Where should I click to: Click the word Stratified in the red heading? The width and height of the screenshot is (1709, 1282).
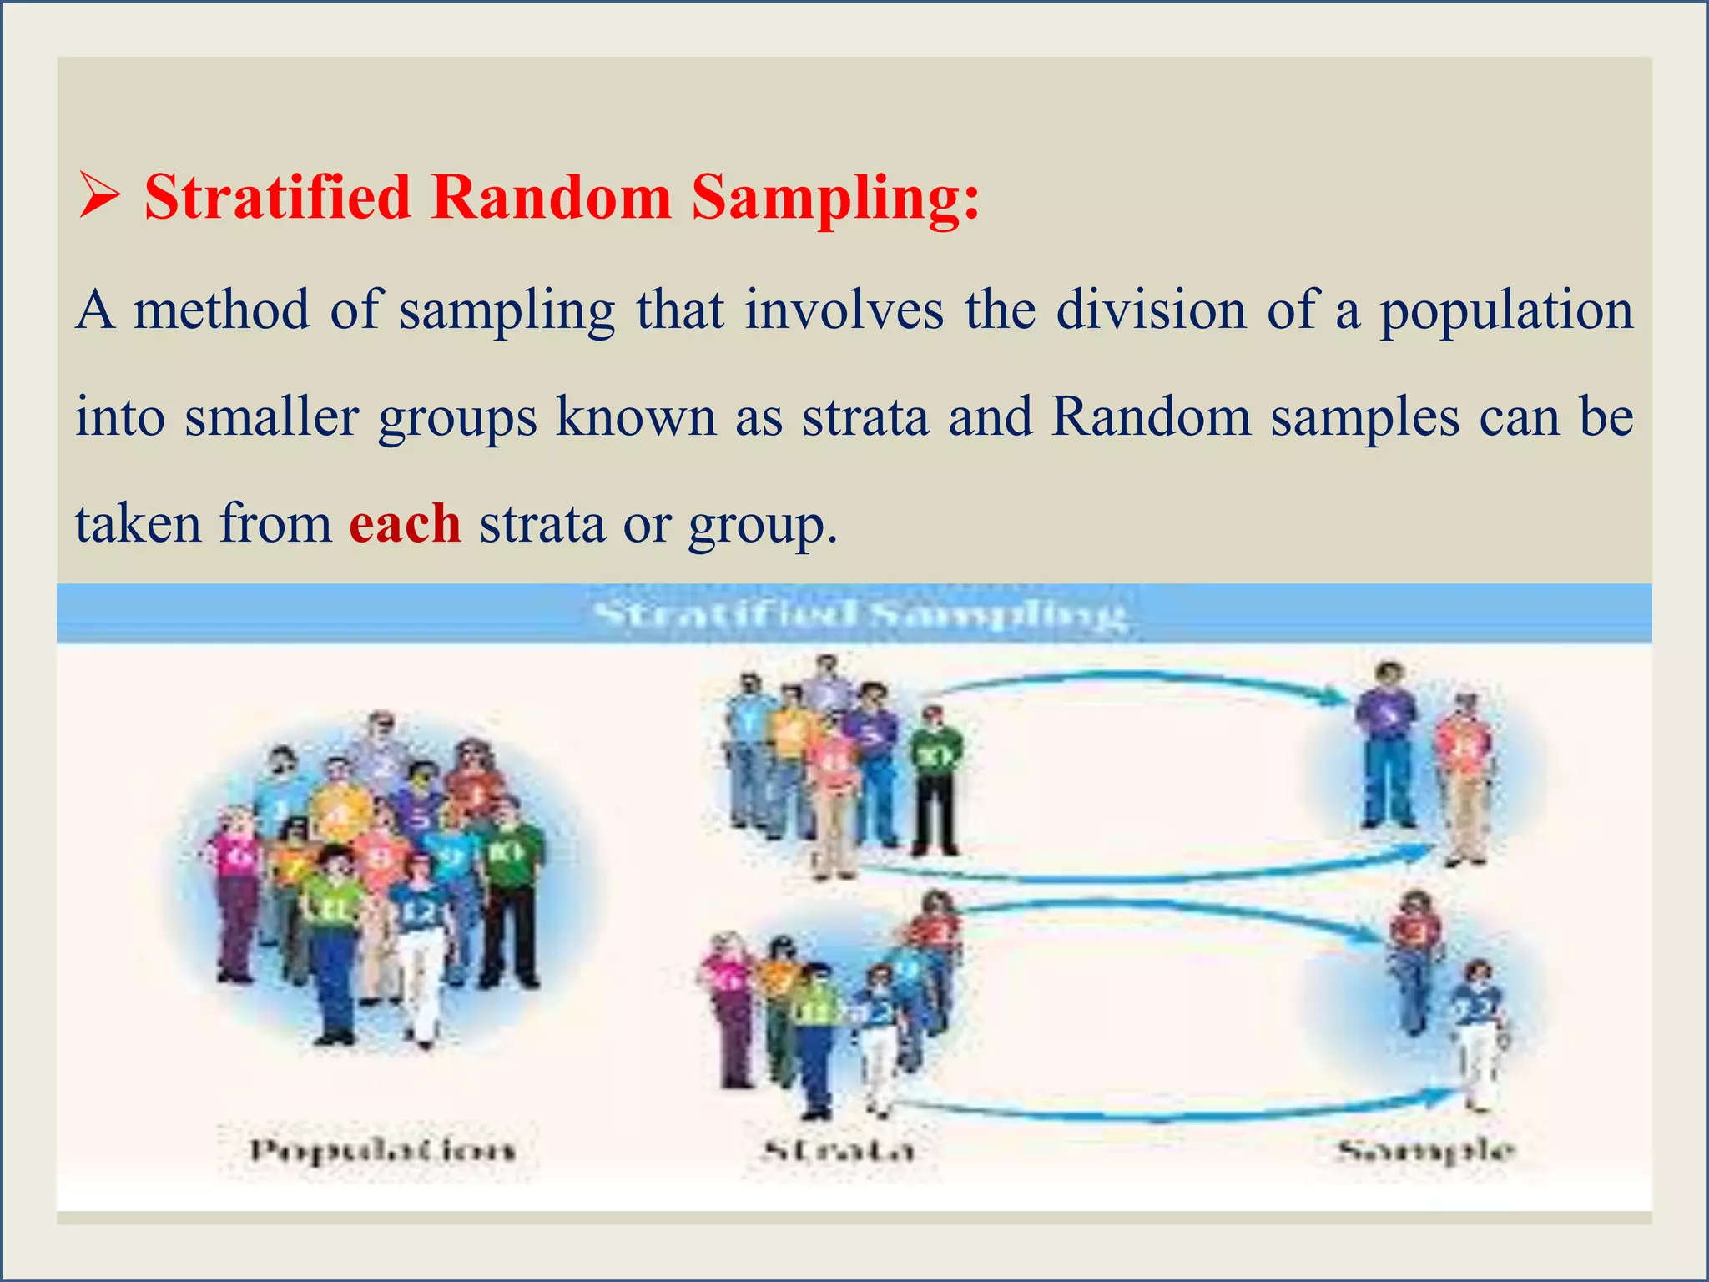tap(278, 198)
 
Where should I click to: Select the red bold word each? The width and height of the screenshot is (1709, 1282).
tap(405, 524)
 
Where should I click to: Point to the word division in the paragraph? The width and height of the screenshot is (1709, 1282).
tap(1152, 310)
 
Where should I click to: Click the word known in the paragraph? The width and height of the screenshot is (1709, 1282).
tap(636, 416)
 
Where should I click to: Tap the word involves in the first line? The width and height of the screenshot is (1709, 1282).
tap(844, 310)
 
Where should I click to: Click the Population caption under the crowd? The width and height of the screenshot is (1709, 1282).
tap(383, 1151)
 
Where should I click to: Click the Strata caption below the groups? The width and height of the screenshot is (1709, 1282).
tap(839, 1152)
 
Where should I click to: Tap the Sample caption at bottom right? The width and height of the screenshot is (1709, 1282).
tap(1425, 1152)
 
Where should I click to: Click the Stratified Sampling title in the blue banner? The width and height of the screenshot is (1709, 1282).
tap(860, 616)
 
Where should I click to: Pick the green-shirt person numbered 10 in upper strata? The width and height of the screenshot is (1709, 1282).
tap(935, 780)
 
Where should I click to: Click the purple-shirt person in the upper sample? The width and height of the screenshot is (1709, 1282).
tap(1387, 743)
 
